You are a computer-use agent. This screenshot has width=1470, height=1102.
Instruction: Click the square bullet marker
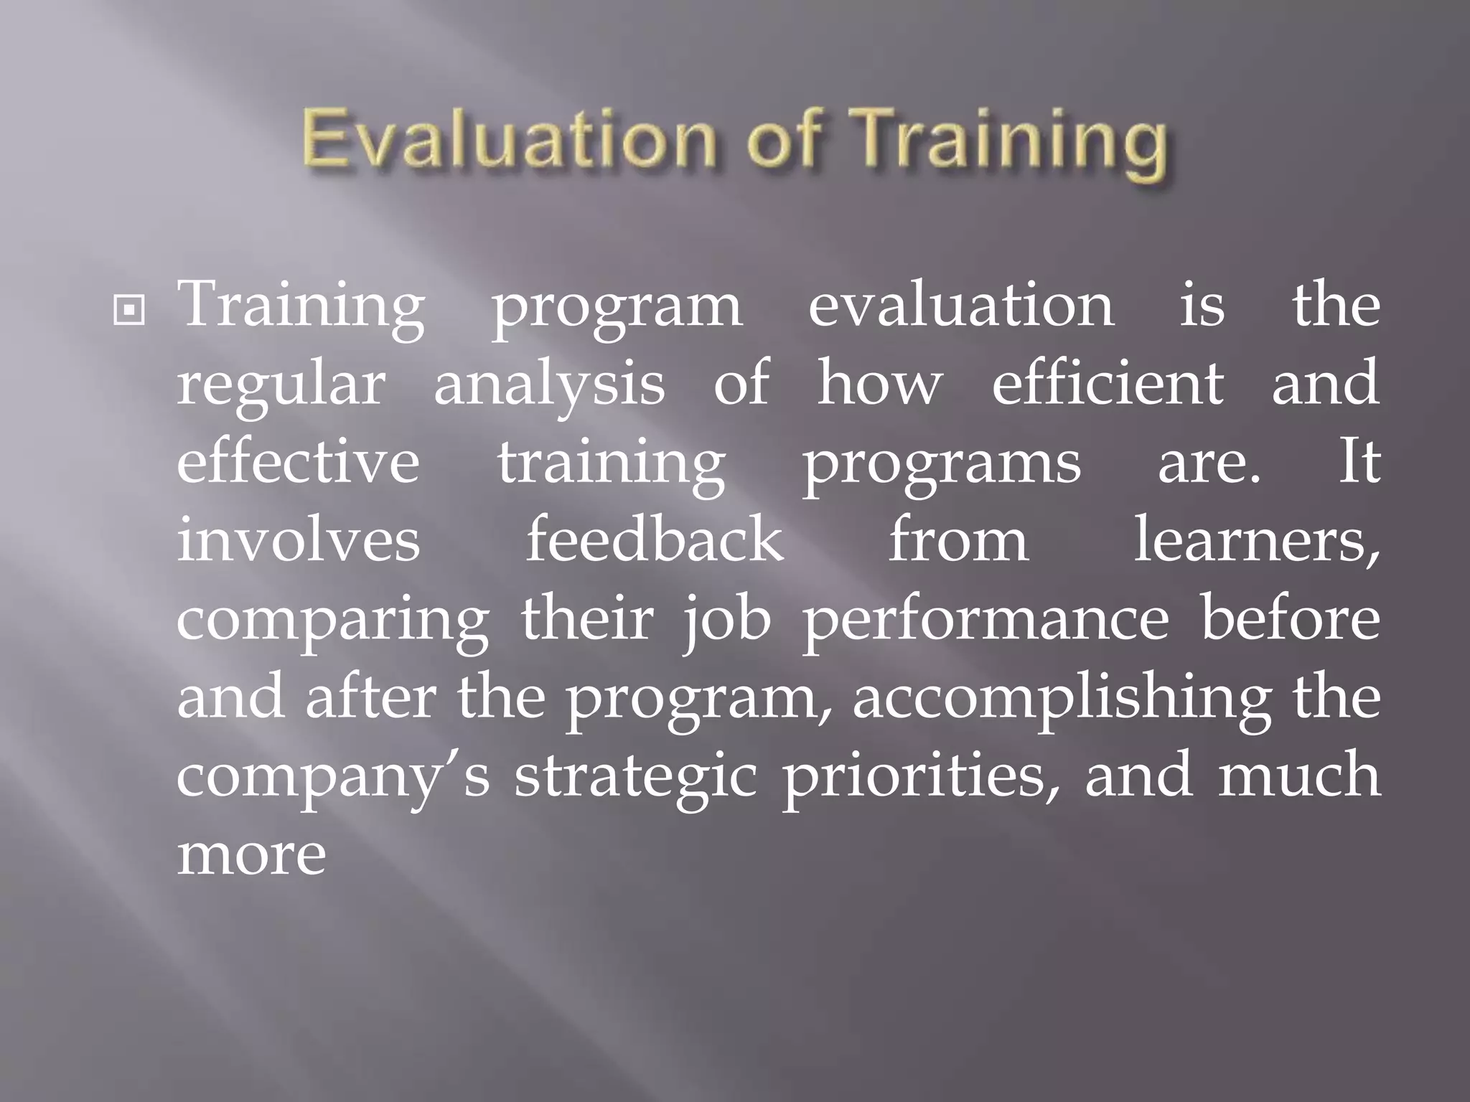coord(129,311)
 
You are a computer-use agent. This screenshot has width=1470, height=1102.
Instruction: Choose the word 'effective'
coord(298,462)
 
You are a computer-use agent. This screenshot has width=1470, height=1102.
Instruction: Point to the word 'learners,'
coord(1256,541)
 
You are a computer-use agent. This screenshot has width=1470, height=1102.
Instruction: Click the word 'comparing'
coord(332,621)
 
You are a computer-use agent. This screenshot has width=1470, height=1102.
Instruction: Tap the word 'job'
coord(726,620)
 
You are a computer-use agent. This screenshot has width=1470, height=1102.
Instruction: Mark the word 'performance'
coord(986,620)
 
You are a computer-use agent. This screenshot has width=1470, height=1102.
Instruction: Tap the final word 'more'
coord(251,855)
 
